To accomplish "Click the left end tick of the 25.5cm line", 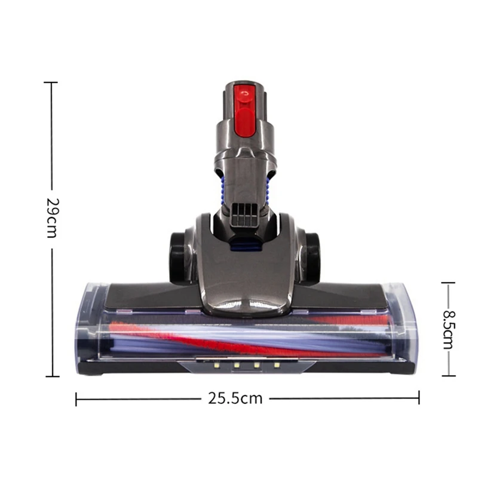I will pos(76,399).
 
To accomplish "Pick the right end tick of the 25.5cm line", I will pos(419,399).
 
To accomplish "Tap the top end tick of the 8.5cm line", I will pos(448,283).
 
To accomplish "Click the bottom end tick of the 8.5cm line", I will pos(448,376).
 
